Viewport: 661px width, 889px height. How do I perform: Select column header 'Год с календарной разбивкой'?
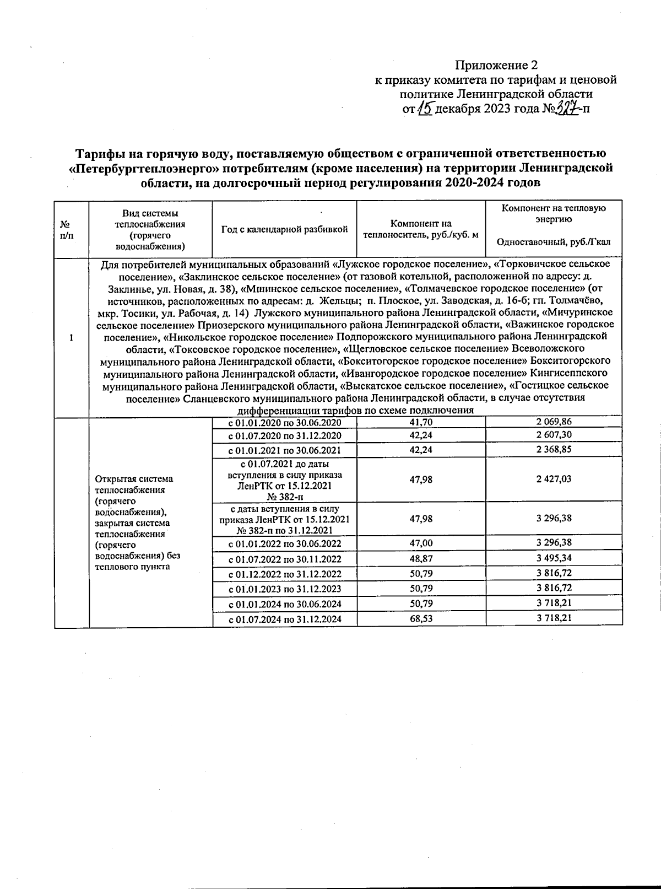(x=284, y=229)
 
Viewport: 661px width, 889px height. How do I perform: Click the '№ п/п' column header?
(x=64, y=229)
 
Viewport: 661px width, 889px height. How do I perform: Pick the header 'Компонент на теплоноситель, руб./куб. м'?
(x=420, y=229)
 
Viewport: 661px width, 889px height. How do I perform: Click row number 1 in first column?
(x=72, y=337)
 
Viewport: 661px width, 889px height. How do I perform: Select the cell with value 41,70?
(x=421, y=423)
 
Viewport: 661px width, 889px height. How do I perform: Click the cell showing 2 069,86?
(x=554, y=422)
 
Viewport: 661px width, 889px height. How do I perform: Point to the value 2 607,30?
(x=554, y=435)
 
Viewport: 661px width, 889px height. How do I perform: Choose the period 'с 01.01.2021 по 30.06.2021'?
(x=285, y=450)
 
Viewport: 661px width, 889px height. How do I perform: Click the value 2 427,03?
(x=554, y=479)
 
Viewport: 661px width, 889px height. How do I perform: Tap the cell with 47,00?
(x=421, y=543)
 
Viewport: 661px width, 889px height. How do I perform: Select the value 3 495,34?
(x=554, y=558)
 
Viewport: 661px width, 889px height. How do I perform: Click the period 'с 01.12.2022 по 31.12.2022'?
(x=285, y=574)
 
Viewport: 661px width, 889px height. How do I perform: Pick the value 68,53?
(x=421, y=618)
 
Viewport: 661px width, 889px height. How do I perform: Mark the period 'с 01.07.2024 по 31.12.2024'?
(x=285, y=619)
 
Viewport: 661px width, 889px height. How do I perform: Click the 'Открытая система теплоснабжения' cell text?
(x=134, y=484)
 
